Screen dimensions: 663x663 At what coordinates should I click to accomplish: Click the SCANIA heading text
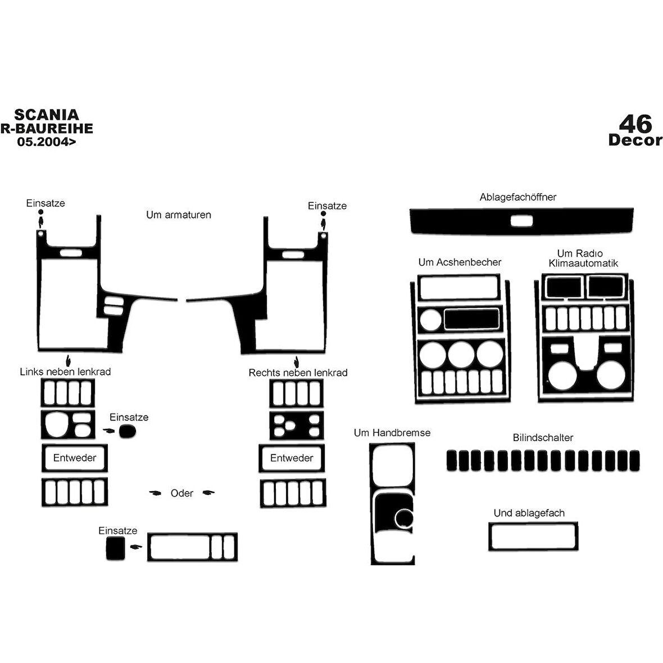point(47,115)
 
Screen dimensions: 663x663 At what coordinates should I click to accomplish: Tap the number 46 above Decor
point(635,124)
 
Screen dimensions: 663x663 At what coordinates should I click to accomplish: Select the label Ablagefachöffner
point(517,197)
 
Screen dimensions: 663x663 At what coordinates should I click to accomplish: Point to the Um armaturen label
point(179,215)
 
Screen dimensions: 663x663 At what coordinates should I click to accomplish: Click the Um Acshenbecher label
point(460,262)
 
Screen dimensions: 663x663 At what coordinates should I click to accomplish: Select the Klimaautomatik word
point(583,264)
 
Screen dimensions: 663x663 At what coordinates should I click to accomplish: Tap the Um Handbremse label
point(392,433)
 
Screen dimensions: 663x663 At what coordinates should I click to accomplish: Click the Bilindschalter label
point(543,438)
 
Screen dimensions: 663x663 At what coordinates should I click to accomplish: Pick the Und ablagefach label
point(529,513)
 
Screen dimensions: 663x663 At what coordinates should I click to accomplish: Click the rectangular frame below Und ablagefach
point(533,524)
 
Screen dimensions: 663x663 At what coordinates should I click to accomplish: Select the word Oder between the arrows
point(182,493)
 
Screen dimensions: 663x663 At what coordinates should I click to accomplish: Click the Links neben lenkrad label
point(65,371)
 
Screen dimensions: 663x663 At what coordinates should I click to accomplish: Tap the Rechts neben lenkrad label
point(298,373)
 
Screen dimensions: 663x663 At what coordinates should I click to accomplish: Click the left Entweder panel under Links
point(74,446)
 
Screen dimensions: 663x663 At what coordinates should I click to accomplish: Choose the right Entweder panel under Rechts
point(292,446)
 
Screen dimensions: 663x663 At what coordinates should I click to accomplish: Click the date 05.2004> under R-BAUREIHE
point(47,142)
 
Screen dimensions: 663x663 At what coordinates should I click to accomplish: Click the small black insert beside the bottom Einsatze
point(115,548)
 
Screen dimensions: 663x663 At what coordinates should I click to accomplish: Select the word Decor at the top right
point(635,140)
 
